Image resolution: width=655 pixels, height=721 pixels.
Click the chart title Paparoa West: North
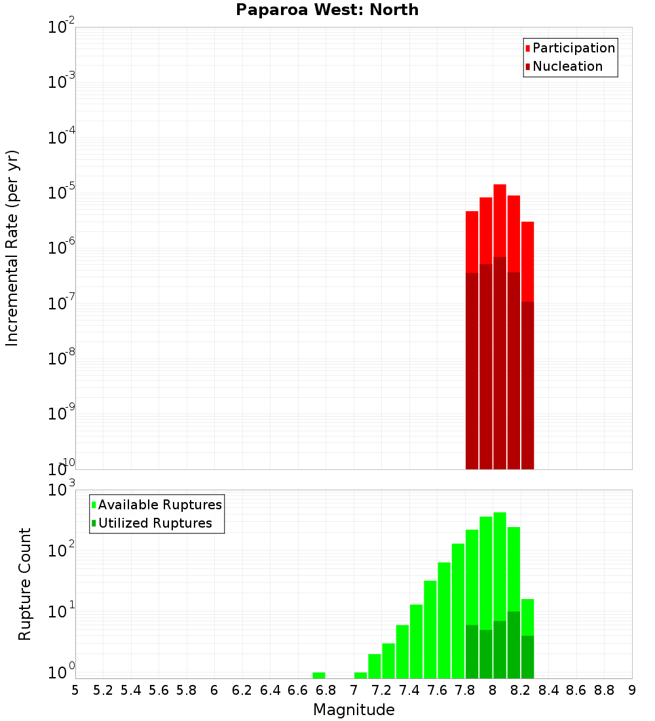pos(327,10)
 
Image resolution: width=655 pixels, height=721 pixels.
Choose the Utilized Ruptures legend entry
pos(155,524)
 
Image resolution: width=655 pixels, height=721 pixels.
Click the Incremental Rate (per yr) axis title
pos(12,248)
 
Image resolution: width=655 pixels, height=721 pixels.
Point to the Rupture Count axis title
pos(25,584)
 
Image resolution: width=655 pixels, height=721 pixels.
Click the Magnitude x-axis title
pos(354,710)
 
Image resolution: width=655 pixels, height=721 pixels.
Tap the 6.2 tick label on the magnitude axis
pos(242,690)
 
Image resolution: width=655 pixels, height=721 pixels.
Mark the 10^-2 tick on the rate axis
pos(62,28)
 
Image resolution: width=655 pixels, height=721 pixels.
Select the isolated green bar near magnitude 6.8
pos(319,675)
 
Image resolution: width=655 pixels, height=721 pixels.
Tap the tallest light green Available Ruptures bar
pos(500,564)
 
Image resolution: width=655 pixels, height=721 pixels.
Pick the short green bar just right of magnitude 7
pos(361,675)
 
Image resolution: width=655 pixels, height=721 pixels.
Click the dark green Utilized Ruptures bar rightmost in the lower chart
pos(528,657)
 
